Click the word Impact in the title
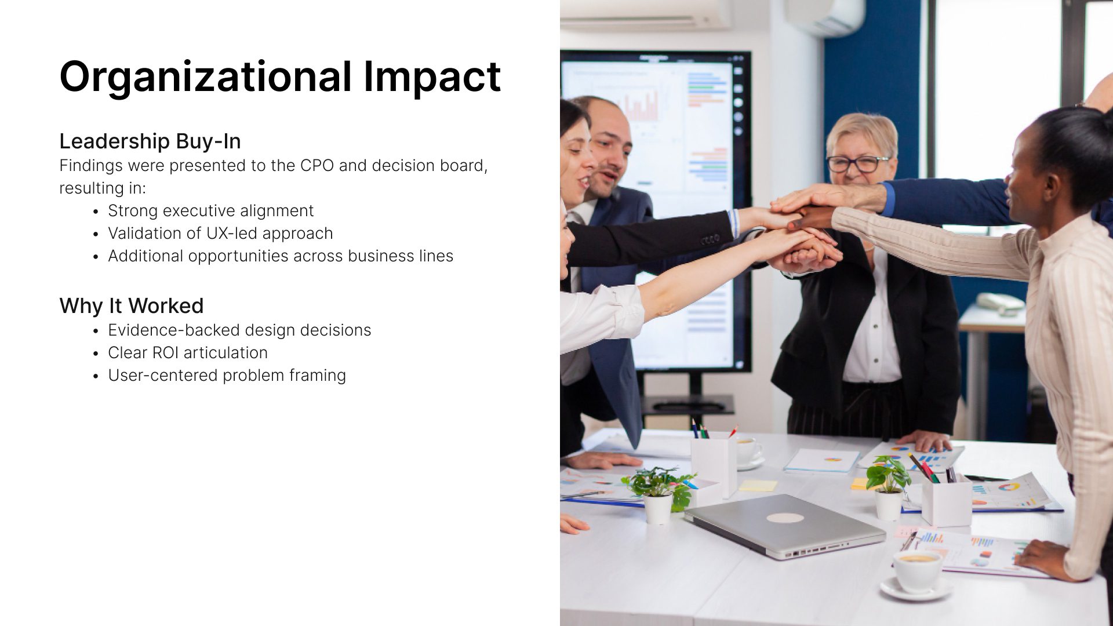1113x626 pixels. pyautogui.click(x=432, y=78)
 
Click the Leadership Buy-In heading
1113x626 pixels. pyautogui.click(x=150, y=141)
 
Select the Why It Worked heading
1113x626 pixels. pyautogui.click(x=132, y=305)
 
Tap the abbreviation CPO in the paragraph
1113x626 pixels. pyautogui.click(x=317, y=166)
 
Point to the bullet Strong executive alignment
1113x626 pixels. pyautogui.click(x=210, y=211)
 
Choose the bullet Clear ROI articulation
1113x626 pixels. pyautogui.click(x=188, y=353)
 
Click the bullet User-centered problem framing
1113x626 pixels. pyautogui.click(x=227, y=376)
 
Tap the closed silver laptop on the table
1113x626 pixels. pyautogui.click(x=784, y=525)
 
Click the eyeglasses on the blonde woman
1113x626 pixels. pyautogui.click(x=859, y=164)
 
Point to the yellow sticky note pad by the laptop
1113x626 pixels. pyautogui.click(x=758, y=486)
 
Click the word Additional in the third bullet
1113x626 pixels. pyautogui.click(x=146, y=256)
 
